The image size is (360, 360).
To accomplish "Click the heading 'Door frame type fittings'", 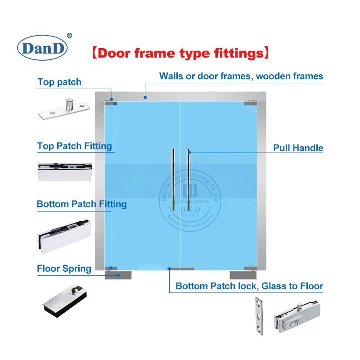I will pos(180,53).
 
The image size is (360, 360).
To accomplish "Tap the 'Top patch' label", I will pos(59,82).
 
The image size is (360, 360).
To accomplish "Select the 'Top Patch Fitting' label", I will pos(74,146).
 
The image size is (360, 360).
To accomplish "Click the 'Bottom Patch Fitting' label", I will pos(81,204).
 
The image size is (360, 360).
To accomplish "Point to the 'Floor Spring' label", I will pos(64,269).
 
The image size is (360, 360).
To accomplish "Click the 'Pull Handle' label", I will pos(298,148).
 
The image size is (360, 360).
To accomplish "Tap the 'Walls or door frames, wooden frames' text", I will pos(241,76).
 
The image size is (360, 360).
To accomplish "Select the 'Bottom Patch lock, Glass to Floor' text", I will pos(249,286).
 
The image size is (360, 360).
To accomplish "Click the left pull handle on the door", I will pos(173,180).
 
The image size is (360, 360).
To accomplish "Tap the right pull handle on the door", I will pos(187,180).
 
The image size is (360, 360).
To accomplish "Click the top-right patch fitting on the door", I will pos(250,103).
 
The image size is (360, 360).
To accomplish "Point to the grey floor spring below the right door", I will pos(243,275).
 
